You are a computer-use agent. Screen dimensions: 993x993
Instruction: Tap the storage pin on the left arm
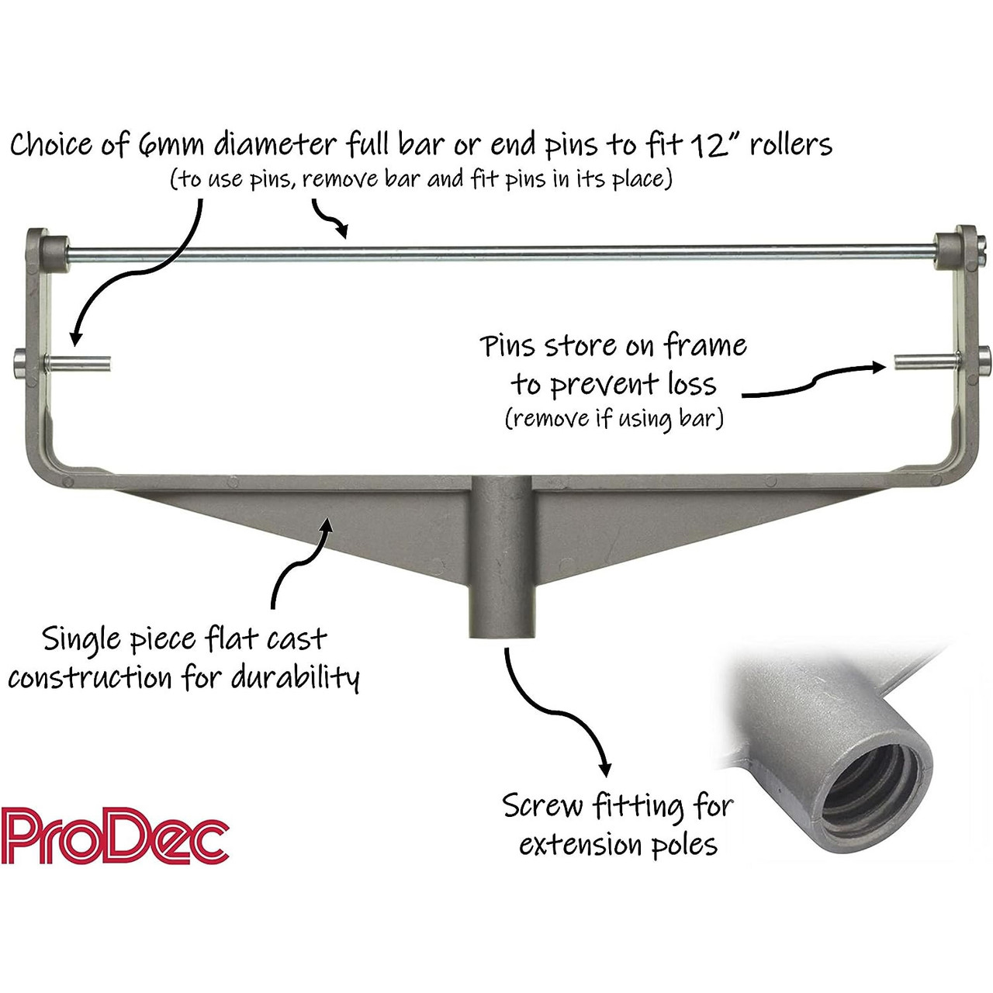pos(78,363)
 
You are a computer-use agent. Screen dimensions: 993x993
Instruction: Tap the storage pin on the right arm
pos(926,362)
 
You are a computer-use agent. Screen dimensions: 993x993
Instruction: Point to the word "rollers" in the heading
pos(791,144)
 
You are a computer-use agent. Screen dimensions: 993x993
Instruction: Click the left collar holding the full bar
pos(54,254)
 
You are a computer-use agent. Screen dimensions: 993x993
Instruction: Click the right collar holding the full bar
pos(948,251)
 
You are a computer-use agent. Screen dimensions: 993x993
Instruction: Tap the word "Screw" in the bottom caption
pos(542,806)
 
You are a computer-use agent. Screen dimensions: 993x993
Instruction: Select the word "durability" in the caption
pos(296,678)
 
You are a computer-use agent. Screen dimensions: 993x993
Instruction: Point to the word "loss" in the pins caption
pos(692,384)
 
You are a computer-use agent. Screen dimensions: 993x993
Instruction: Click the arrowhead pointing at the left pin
pos(76,337)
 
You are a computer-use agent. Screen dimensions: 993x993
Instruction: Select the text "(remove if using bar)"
pos(614,417)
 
